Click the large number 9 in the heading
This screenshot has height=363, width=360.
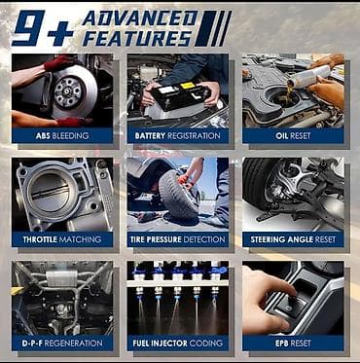[28, 28]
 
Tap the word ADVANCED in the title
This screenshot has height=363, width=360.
[140, 18]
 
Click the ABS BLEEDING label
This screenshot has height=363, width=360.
[62, 135]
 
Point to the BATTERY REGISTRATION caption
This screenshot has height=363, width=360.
[177, 135]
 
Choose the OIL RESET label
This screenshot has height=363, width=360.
[293, 135]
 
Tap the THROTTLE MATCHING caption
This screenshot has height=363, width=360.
[62, 239]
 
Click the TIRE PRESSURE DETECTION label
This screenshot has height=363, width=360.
[177, 239]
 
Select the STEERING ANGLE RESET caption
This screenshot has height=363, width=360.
[293, 239]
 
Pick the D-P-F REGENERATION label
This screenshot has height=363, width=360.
[62, 344]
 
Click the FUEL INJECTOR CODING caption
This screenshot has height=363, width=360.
[177, 344]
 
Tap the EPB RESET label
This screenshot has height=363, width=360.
[293, 344]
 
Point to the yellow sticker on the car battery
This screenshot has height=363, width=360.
[188, 86]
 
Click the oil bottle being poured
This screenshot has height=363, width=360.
[310, 76]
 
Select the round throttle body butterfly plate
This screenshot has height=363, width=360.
[48, 192]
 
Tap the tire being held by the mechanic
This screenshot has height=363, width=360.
[178, 194]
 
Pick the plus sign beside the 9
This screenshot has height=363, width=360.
[60, 34]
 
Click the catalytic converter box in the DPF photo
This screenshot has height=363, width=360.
[61, 278]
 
